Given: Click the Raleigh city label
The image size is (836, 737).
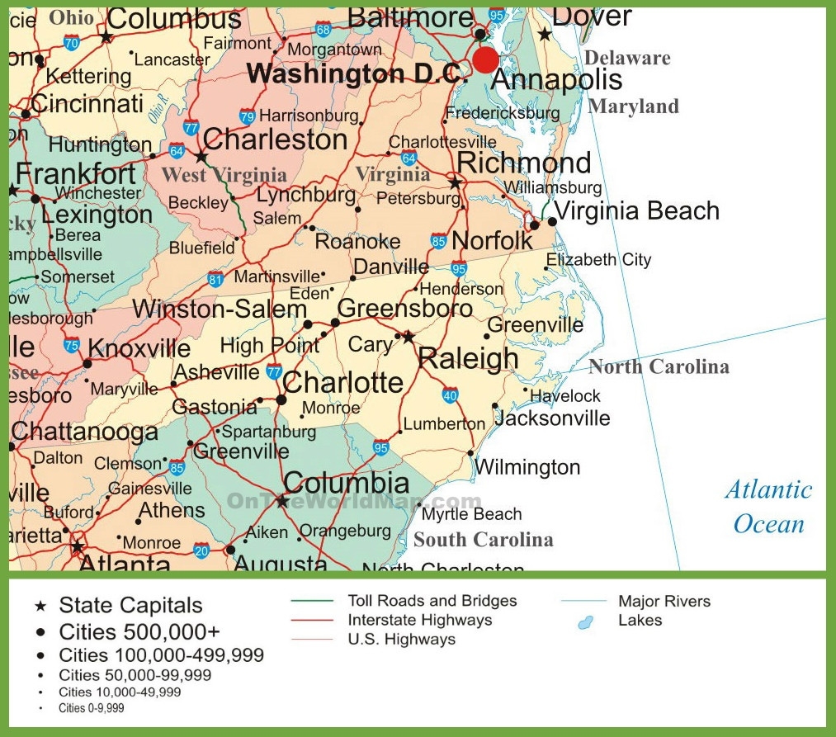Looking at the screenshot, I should point(468,359).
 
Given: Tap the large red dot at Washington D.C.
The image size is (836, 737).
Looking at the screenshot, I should point(485,59).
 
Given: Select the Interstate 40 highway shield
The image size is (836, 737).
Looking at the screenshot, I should point(450,395).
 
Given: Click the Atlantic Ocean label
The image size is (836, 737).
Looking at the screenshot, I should point(768,507).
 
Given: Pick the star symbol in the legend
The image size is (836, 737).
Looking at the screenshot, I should point(40,607).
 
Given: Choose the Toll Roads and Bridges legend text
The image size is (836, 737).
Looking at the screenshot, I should point(432,601).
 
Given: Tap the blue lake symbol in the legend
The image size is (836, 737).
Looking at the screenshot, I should point(586,621).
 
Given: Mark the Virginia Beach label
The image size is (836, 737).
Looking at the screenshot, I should point(636,210).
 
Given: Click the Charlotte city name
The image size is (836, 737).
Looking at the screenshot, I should point(342,383).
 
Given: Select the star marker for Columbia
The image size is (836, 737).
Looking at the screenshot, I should point(282,501).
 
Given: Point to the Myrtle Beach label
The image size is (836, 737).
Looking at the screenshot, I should point(471,514).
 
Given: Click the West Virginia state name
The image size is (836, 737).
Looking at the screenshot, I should point(224,175).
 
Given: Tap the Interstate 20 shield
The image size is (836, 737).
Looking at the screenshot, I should point(201,550).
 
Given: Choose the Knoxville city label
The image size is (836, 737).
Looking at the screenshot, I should point(139,347).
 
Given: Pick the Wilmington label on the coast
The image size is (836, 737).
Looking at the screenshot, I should point(527,468).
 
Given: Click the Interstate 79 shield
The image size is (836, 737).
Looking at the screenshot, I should point(247,116).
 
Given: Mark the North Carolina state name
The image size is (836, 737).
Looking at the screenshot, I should point(658,367).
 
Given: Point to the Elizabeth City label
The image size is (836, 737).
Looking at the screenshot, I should point(598,260).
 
